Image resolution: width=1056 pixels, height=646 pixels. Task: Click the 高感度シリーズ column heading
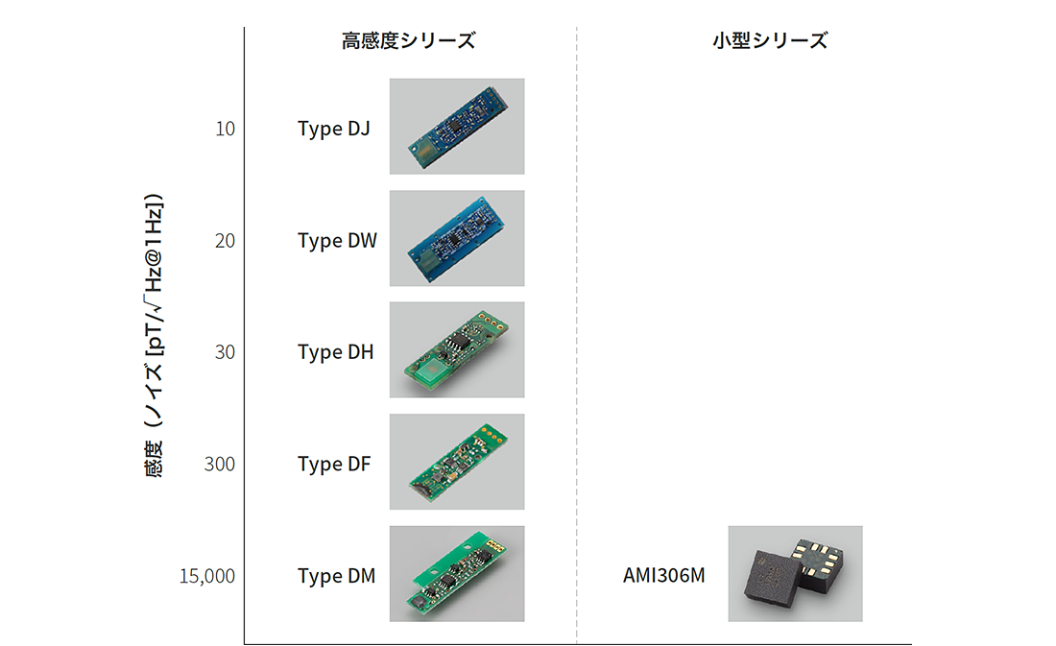(x=408, y=40)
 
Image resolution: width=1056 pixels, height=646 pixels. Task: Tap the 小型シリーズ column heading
(x=770, y=40)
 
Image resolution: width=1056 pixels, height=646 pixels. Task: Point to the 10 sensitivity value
(x=225, y=129)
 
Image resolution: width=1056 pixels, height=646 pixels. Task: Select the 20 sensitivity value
(x=225, y=241)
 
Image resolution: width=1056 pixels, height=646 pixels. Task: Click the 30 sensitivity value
(x=225, y=352)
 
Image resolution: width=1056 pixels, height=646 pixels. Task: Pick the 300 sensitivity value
(x=220, y=465)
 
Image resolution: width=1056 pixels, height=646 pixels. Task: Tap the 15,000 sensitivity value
(x=206, y=576)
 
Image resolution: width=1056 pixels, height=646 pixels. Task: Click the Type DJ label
(x=334, y=129)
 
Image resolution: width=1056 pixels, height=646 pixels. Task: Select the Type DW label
(x=337, y=241)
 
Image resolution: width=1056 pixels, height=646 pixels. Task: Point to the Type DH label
(x=335, y=352)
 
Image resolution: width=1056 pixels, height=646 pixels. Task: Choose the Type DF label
(x=334, y=465)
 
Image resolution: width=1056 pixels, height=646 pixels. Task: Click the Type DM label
(x=337, y=576)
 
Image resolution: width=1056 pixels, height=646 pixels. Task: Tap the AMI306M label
(x=664, y=575)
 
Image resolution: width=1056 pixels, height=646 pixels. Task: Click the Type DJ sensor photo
(x=457, y=127)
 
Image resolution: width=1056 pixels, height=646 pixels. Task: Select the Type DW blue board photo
(x=457, y=238)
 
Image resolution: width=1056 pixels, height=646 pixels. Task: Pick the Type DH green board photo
(x=457, y=349)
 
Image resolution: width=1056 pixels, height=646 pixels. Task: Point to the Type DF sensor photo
(x=457, y=462)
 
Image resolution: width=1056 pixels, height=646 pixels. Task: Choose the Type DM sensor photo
(x=457, y=573)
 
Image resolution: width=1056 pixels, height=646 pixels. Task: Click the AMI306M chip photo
(x=796, y=573)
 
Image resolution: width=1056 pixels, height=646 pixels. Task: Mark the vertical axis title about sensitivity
(x=154, y=335)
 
